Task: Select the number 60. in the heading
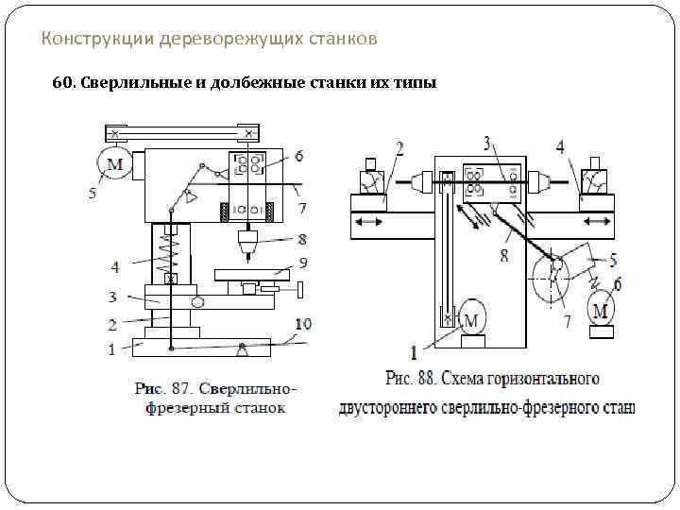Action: (x=65, y=83)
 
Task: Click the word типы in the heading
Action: (x=416, y=83)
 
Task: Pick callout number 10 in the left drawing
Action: (x=302, y=323)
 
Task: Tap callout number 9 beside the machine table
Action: (x=302, y=262)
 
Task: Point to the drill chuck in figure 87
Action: (x=248, y=245)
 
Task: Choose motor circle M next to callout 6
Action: (x=601, y=308)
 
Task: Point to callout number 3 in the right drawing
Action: (x=486, y=143)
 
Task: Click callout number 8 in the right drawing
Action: (x=503, y=254)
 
